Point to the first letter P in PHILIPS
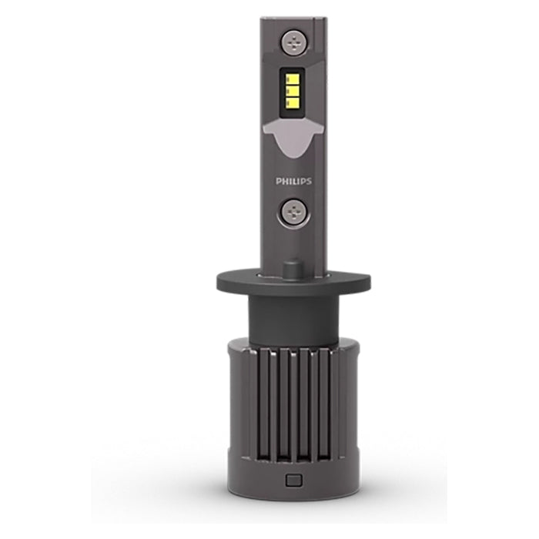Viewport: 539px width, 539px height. (278, 182)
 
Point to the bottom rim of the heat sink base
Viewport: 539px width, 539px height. (293, 495)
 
